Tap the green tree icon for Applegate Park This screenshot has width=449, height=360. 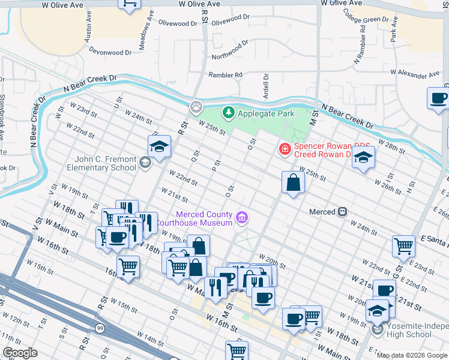click(x=228, y=112)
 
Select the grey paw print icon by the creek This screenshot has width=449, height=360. click(x=196, y=107)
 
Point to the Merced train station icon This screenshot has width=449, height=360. click(x=343, y=212)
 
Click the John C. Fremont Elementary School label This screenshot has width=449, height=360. click(x=106, y=163)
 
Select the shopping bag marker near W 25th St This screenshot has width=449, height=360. click(x=292, y=183)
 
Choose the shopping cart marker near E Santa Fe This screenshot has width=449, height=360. click(x=403, y=245)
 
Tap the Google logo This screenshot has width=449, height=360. click(x=20, y=353)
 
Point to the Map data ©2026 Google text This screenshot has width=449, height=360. click(x=412, y=355)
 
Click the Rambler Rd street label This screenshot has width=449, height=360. click(x=225, y=75)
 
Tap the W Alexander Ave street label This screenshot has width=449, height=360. click(x=414, y=75)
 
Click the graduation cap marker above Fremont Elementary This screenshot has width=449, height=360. click(x=160, y=146)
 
